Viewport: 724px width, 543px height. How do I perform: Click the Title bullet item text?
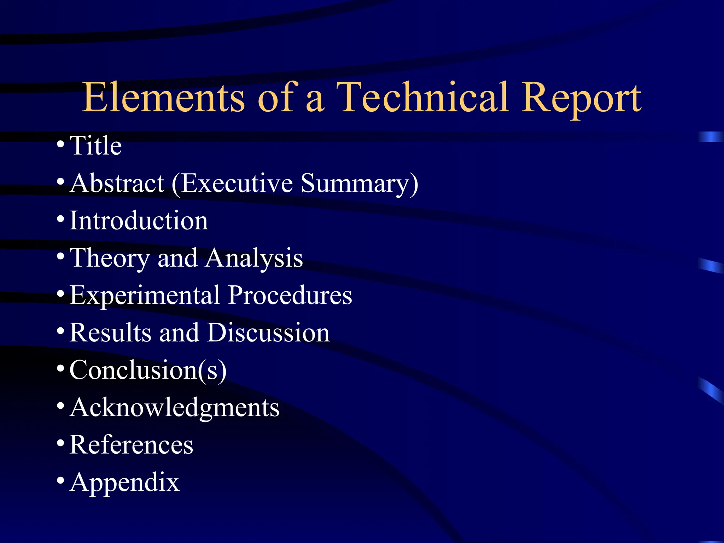(96, 146)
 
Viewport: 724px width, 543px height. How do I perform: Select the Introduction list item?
(139, 221)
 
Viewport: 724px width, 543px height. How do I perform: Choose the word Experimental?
(145, 296)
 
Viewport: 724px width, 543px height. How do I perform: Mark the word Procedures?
(290, 295)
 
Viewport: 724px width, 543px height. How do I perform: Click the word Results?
(110, 333)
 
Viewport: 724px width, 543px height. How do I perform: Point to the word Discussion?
(268, 333)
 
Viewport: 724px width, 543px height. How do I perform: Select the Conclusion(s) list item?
(148, 370)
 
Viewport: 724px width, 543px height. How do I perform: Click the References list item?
(131, 445)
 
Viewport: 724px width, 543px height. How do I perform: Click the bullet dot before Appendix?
(60, 480)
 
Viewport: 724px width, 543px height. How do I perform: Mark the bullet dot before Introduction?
(60, 219)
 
